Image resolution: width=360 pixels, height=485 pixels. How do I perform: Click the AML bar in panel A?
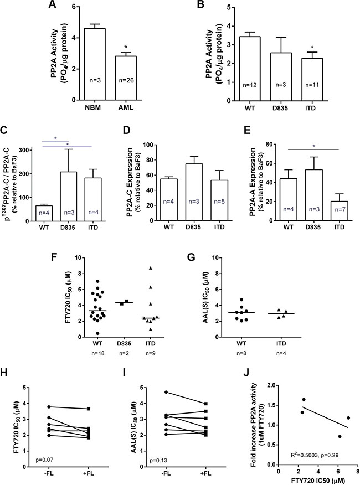point(126,78)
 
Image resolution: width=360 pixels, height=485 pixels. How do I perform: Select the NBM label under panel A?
point(93,109)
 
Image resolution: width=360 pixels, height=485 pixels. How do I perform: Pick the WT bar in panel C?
point(44,213)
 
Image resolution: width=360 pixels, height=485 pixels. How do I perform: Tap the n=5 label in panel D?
point(219,202)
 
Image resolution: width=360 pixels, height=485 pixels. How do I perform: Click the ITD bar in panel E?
point(340,211)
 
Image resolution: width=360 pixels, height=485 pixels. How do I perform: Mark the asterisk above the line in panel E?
point(314,146)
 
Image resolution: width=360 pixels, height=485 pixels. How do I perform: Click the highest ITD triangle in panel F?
point(151,268)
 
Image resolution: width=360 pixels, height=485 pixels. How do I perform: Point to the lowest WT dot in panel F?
point(97,333)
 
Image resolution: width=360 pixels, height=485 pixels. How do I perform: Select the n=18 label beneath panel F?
point(97,353)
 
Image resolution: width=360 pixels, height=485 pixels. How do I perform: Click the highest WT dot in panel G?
point(241,300)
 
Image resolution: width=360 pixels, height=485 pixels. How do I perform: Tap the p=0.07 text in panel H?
point(44,461)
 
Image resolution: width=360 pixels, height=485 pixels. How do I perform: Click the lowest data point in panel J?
point(340,436)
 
